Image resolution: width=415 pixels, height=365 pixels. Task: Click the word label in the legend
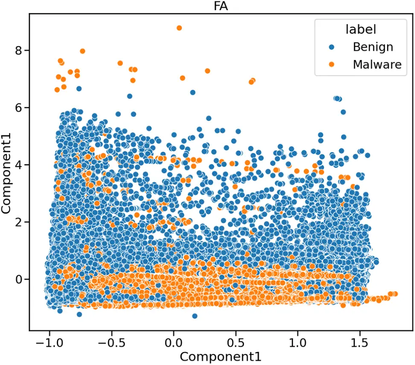tap(360, 29)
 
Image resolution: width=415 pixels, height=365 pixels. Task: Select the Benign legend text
tap(373, 47)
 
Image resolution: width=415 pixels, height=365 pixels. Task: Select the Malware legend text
tap(377, 64)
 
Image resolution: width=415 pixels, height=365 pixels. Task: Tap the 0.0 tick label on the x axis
tap(174, 342)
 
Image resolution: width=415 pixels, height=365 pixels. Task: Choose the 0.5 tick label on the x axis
tap(235, 342)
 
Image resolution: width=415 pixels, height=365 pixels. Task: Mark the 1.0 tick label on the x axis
tap(298, 342)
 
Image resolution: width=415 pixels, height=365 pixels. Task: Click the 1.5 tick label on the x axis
tap(360, 342)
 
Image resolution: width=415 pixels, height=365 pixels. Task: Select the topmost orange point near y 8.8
tap(179, 28)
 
